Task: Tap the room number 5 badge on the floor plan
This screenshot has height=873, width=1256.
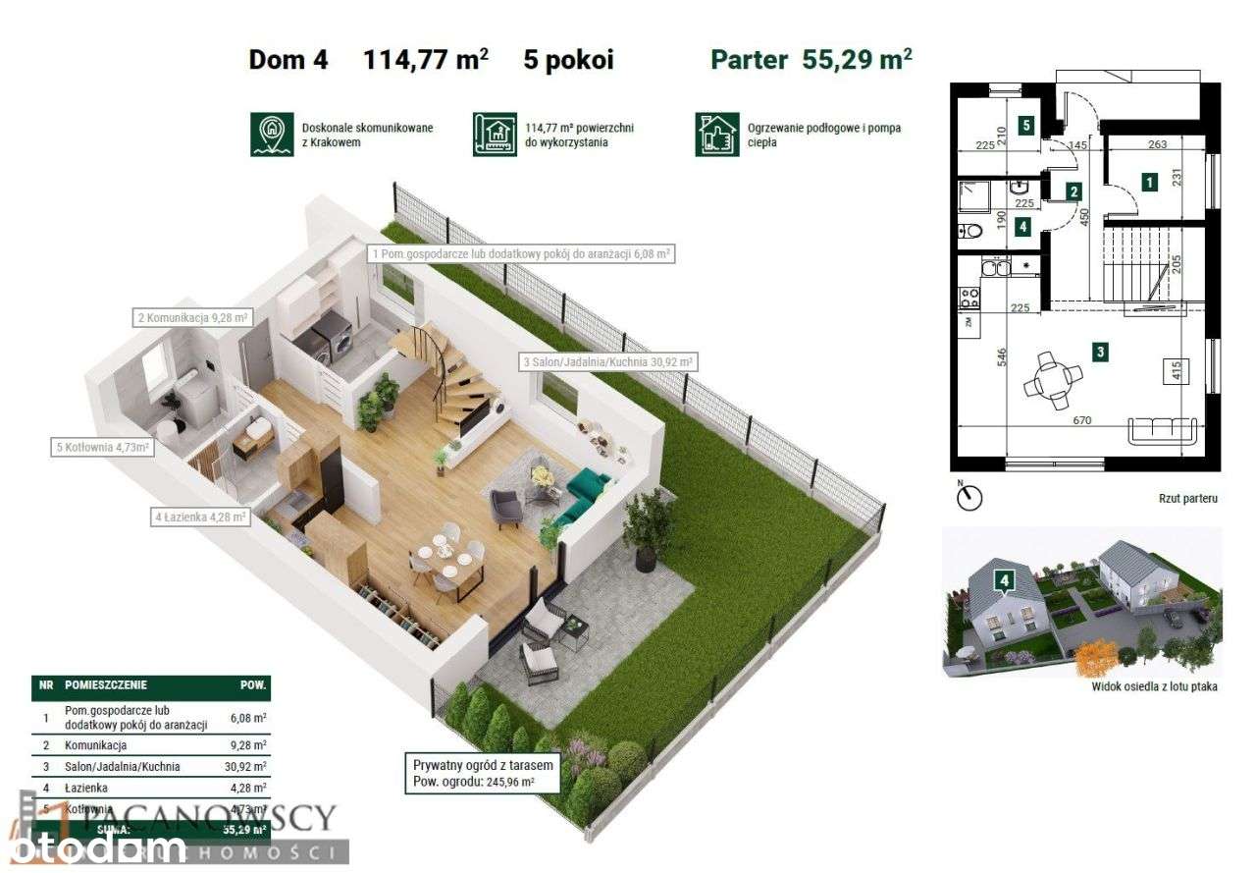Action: pyautogui.click(x=1025, y=126)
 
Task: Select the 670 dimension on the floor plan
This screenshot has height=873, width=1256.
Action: pyautogui.click(x=1081, y=420)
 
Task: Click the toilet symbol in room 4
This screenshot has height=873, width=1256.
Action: pyautogui.click(x=970, y=231)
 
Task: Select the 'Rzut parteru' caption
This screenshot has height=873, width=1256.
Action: pyautogui.click(x=1187, y=499)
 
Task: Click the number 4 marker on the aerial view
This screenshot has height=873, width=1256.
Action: pyautogui.click(x=1004, y=580)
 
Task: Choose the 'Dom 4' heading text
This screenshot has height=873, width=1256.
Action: pyautogui.click(x=288, y=60)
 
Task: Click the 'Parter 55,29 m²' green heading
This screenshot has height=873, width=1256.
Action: pyautogui.click(x=811, y=59)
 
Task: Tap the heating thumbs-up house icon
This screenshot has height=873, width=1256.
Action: pyautogui.click(x=717, y=135)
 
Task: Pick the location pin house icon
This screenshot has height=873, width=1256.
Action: pyautogui.click(x=272, y=135)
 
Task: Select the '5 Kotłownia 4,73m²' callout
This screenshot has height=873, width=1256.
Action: pyautogui.click(x=103, y=449)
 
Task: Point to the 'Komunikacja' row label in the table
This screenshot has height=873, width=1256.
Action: pyautogui.click(x=94, y=745)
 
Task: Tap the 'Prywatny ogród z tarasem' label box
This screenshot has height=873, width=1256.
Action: pyautogui.click(x=485, y=773)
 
